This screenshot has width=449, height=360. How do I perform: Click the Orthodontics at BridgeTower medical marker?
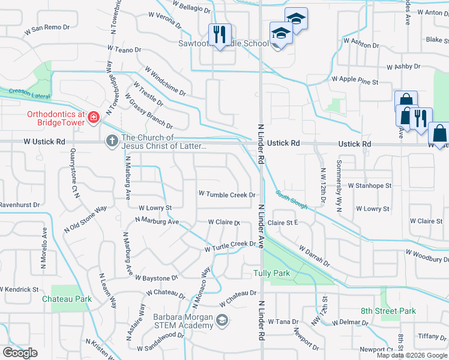93,116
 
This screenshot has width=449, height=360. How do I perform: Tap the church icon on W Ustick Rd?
111,142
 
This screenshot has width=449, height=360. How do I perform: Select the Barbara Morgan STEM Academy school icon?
222,321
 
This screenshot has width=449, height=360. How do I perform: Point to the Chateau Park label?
67,298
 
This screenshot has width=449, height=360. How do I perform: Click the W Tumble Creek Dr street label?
228,194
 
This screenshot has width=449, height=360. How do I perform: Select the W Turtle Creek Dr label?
231,246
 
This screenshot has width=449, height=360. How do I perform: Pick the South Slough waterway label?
292,200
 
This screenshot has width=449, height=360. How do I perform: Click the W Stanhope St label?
369,186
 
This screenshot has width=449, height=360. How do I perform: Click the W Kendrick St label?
19,289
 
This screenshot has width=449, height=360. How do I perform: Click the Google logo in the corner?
20,353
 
